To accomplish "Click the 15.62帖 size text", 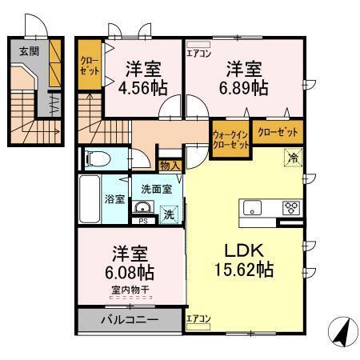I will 243,270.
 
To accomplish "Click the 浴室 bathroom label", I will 114,198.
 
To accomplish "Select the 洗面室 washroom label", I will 156,189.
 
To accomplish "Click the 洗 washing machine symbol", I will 169,214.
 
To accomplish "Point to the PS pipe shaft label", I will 142,221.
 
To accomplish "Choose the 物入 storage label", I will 169,166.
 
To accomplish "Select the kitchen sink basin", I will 254,208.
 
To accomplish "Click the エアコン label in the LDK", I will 198,318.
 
